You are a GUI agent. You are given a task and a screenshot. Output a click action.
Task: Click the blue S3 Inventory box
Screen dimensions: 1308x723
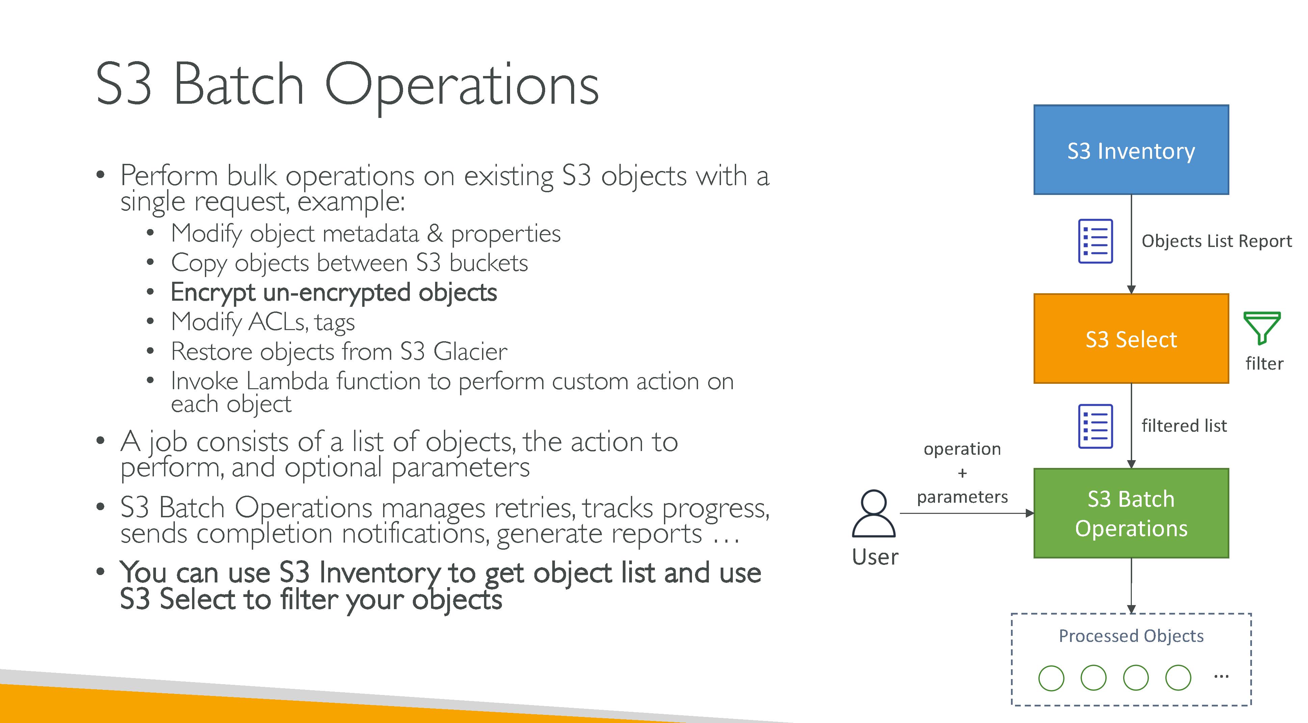tap(1131, 150)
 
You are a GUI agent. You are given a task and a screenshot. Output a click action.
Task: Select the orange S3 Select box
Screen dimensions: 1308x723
tap(1131, 339)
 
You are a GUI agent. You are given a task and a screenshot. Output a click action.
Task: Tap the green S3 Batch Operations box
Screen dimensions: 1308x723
tap(1131, 513)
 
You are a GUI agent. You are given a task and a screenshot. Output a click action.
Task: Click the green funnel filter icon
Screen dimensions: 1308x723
tap(1262, 328)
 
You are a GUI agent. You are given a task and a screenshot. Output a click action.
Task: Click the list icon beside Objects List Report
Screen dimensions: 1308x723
tap(1095, 241)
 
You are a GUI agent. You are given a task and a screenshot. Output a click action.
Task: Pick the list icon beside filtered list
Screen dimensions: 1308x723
tap(1095, 426)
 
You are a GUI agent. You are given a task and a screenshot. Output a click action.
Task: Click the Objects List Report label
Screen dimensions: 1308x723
tap(1217, 241)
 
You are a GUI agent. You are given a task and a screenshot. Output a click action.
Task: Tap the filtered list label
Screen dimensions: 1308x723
tap(1184, 425)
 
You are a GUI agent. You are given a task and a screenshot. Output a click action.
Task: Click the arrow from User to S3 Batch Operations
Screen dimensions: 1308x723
tap(967, 513)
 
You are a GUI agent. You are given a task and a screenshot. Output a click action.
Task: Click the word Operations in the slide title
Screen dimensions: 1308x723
tap(461, 85)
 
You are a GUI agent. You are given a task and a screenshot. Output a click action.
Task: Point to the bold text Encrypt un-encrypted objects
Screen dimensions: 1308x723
tap(333, 293)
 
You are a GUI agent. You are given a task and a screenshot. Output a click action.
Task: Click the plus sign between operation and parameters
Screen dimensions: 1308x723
tap(962, 473)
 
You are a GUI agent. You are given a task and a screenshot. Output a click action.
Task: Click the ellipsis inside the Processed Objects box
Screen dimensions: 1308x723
tap(1221, 677)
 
